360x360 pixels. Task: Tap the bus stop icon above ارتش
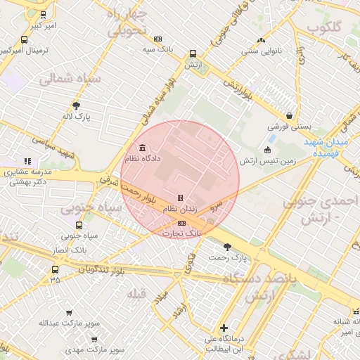(193, 53)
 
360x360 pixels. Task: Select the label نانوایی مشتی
(261, 51)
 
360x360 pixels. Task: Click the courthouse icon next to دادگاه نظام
(143, 148)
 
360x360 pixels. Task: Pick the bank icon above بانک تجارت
(182, 223)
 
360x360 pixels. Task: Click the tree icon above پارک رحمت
(227, 247)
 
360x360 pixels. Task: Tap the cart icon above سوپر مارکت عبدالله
(68, 313)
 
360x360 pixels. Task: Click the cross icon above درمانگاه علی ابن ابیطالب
(224, 328)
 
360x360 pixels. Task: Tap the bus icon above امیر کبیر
(44, 14)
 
